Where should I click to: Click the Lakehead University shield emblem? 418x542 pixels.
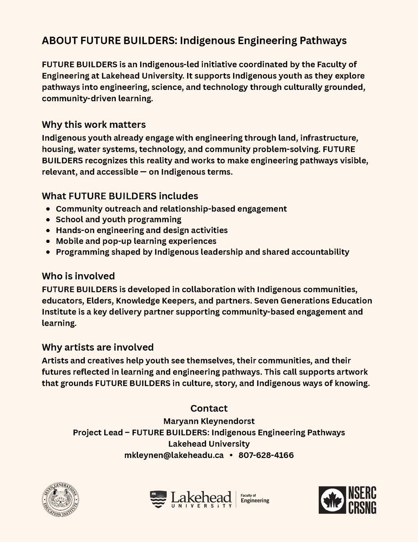[x=158, y=498]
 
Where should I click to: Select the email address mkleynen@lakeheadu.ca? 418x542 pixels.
[x=174, y=455]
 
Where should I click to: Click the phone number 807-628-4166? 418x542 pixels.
[x=266, y=455]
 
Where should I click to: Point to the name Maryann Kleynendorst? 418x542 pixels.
[x=209, y=421]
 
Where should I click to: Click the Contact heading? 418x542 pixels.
[x=209, y=408]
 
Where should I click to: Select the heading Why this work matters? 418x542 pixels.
[x=94, y=124]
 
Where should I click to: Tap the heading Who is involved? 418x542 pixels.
[x=78, y=276]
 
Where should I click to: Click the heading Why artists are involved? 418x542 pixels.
[x=98, y=347]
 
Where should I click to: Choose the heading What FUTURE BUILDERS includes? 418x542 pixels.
[x=120, y=196]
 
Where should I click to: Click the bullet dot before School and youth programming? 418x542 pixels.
[x=48, y=220]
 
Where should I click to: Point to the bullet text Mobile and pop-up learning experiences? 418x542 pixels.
[x=136, y=241]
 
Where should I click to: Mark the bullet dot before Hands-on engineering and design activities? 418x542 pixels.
[x=48, y=231]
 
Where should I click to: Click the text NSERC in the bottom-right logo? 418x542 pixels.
[x=363, y=493]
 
